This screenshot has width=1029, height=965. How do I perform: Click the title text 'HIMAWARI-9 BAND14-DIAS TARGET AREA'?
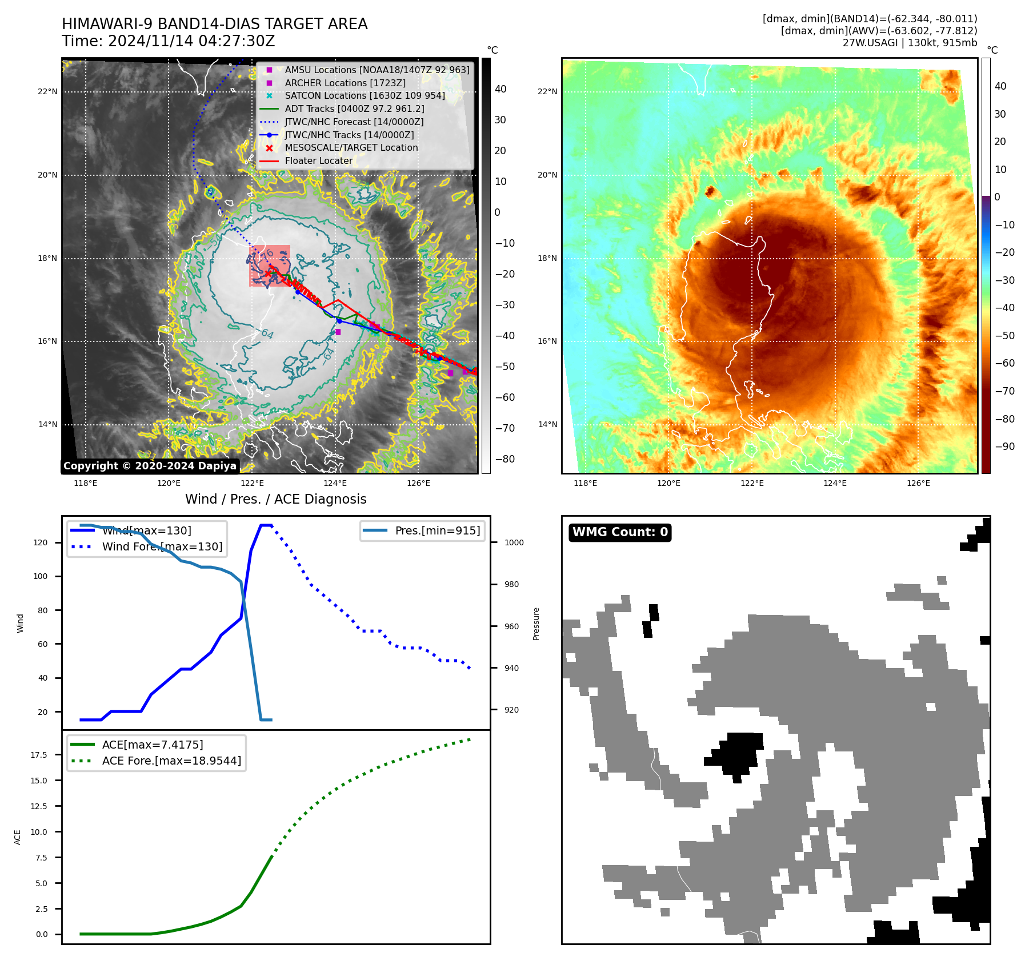[x=214, y=24]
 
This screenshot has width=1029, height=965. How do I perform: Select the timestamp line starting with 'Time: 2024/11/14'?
[x=169, y=41]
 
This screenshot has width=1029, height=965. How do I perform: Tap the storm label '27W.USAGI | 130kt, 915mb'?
[x=910, y=42]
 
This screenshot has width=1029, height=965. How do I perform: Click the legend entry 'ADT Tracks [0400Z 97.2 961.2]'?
[x=354, y=108]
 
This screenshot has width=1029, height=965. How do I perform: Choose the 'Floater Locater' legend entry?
[x=318, y=160]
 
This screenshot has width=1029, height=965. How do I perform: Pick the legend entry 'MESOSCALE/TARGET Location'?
[x=351, y=147]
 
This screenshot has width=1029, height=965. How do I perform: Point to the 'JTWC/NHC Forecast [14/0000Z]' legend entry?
[x=354, y=122]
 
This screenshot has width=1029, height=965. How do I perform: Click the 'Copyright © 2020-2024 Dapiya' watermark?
[x=150, y=466]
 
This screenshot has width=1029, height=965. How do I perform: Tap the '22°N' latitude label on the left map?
[x=48, y=91]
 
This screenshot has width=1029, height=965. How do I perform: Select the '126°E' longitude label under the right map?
[x=918, y=483]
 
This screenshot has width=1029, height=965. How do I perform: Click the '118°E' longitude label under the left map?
[x=86, y=483]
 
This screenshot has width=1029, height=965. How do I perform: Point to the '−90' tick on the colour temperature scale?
[x=1004, y=447]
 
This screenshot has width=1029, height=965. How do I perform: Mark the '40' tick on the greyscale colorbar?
[x=501, y=89]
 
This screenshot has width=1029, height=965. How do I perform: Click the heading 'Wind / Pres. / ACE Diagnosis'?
[x=276, y=499]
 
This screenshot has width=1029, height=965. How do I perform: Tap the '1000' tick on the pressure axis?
[x=514, y=542]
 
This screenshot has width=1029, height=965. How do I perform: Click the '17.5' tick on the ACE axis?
[x=39, y=755]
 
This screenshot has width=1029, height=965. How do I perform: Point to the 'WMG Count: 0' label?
[x=620, y=532]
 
